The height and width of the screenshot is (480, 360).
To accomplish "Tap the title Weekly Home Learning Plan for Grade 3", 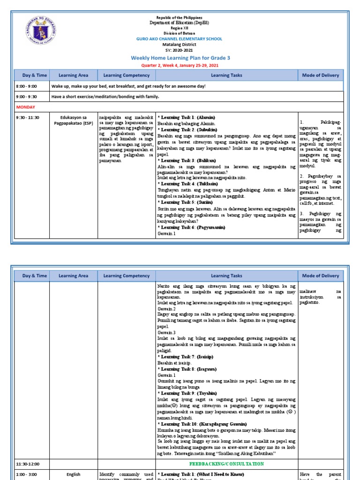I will coord(180,57).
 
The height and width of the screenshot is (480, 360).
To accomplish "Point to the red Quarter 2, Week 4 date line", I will coord(180,65).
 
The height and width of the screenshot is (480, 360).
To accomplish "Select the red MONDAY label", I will coord(26,107).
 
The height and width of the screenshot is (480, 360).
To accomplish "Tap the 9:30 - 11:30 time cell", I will coord(28,117).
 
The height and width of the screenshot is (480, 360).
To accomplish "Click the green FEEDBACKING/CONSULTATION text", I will coord(226,464).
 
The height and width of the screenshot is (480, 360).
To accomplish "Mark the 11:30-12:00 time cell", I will coord(28,464).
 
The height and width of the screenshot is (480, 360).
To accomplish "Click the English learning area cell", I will coord(74,474).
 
